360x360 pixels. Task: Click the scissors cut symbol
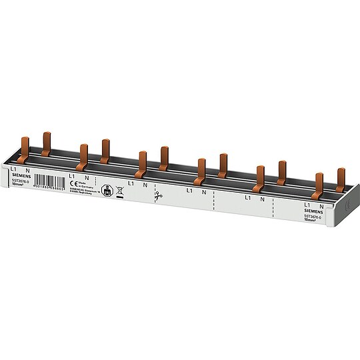157,196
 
